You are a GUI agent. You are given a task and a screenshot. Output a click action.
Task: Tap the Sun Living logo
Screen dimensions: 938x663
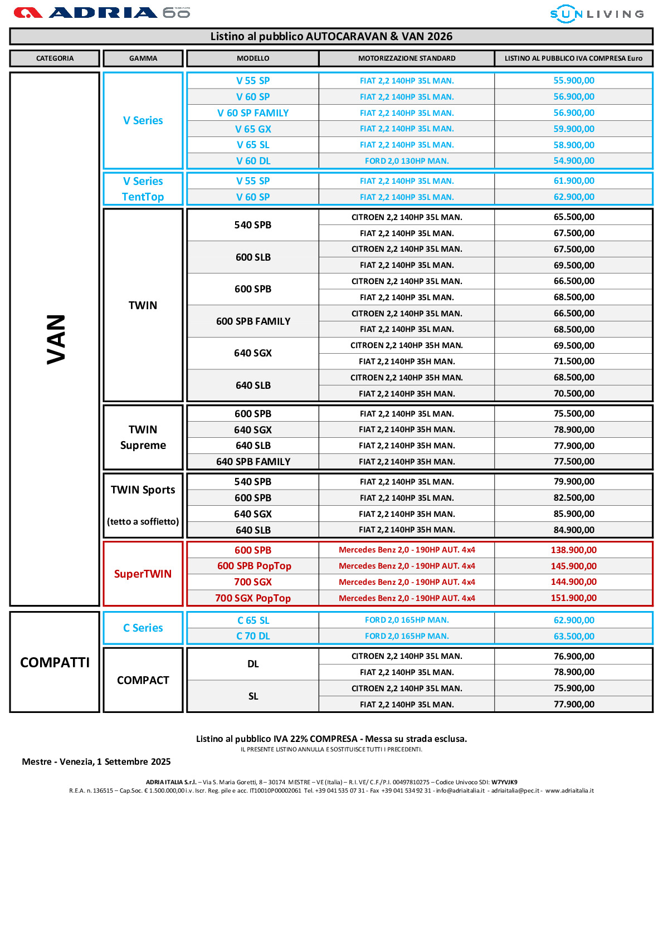[597, 14]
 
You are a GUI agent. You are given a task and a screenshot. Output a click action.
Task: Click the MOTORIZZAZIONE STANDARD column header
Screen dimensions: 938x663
[407, 58]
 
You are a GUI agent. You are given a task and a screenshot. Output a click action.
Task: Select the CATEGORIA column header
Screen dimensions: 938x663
[55, 58]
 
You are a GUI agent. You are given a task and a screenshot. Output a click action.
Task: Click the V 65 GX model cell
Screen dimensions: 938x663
[253, 129]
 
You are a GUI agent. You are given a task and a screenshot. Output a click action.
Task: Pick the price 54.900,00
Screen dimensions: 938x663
[574, 161]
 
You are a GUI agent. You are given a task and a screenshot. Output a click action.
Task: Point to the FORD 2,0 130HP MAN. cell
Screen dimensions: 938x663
[407, 161]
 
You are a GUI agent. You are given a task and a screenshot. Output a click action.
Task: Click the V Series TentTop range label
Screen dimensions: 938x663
[143, 189]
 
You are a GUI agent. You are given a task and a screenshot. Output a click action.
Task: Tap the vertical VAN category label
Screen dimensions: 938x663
[56, 339]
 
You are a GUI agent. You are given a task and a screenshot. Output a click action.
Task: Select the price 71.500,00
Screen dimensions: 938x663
[574, 361]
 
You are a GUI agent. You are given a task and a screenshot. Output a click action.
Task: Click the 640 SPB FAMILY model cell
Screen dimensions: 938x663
[253, 462]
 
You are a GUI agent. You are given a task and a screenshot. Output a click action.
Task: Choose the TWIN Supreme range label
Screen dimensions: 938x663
[143, 437]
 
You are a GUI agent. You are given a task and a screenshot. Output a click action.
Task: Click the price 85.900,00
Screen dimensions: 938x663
[574, 514]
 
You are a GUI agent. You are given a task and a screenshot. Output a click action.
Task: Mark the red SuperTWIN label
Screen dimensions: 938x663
[143, 574]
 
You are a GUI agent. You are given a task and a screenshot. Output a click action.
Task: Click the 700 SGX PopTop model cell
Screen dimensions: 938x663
[253, 598]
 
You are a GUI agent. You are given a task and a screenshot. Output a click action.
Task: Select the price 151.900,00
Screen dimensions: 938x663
[574, 598]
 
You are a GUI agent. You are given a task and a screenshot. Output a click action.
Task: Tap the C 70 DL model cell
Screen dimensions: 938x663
[253, 636]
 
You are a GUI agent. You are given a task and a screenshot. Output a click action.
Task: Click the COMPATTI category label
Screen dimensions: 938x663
[55, 662]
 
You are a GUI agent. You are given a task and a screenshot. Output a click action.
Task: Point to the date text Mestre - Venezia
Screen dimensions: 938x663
[96, 761]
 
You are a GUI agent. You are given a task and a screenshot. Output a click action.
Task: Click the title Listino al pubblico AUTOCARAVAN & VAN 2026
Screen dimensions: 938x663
[331, 37]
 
